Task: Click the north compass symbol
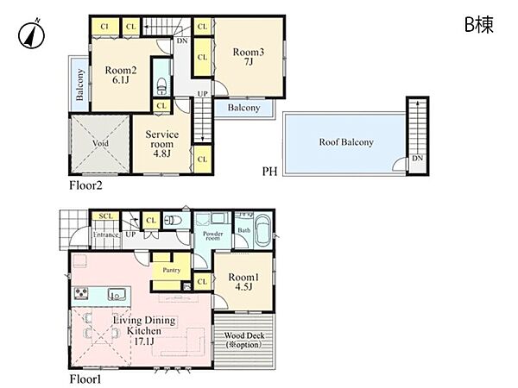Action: [31, 34]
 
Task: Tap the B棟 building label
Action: [479, 24]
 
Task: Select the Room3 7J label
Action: [249, 56]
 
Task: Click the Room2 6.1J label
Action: [121, 75]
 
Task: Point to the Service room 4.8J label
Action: [162, 143]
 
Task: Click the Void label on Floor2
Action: [100, 143]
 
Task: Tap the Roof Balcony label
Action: [346, 142]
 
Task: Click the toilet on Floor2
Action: [162, 85]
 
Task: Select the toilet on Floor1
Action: [174, 220]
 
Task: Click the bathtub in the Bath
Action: [263, 230]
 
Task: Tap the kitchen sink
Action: [117, 294]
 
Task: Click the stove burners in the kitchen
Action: [82, 293]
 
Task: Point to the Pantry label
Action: [172, 270]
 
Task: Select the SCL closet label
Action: [106, 216]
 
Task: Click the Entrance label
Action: [105, 235]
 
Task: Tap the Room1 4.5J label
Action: [243, 282]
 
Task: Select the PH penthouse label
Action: [269, 172]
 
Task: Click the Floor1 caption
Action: [85, 379]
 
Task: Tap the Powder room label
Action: [212, 235]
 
